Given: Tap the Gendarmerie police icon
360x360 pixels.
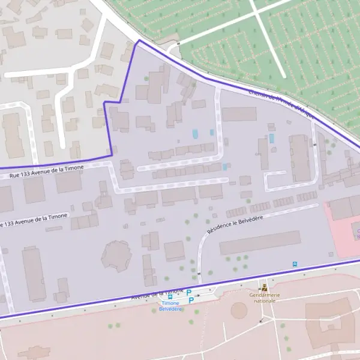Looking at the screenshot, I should [264, 287].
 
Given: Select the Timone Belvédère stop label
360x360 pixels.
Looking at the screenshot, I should [170, 306].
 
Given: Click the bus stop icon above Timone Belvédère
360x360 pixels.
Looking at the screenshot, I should [170, 296].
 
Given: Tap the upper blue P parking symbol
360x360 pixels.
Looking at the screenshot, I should [190, 292].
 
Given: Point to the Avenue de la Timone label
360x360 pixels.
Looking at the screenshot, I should [157, 293].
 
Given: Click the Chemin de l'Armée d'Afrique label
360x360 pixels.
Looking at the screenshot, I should [281, 103].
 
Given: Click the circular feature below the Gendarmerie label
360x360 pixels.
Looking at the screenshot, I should [239, 310].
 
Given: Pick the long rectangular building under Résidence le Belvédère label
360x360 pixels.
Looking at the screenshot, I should [259, 242].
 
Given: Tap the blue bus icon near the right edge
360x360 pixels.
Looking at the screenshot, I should [294, 264].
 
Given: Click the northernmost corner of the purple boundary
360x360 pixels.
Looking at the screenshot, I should [139, 41].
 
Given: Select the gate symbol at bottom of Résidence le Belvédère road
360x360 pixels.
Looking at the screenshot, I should [199, 273].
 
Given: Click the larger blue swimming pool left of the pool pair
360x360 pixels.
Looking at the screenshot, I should [194, 133].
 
